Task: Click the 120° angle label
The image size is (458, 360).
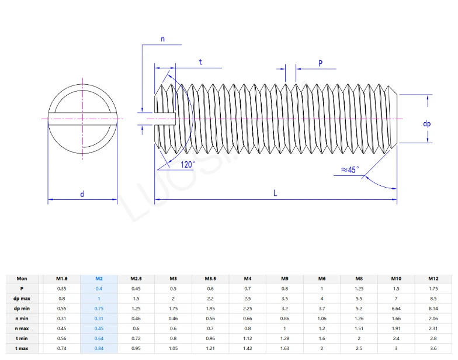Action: pyautogui.click(x=188, y=164)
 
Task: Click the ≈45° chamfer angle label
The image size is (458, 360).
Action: pyautogui.click(x=349, y=169)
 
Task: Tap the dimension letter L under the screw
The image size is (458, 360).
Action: pyautogui.click(x=275, y=193)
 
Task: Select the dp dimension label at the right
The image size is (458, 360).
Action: pyautogui.click(x=427, y=124)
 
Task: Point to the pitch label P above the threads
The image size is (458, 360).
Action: pyautogui.click(x=321, y=63)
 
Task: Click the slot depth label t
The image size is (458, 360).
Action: pyautogui.click(x=200, y=61)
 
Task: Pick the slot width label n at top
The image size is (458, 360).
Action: pyautogui.click(x=162, y=39)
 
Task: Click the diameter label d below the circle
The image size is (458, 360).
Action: pyautogui.click(x=82, y=193)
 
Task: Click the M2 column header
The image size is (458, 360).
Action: pyautogui.click(x=99, y=279)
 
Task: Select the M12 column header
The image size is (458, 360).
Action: pyautogui.click(x=433, y=279)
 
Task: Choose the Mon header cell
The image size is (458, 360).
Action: pyautogui.click(x=22, y=279)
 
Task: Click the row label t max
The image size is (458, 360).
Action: pyautogui.click(x=22, y=349)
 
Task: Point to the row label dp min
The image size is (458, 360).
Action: pyautogui.click(x=22, y=309)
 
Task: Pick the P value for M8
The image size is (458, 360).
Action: pyautogui.click(x=359, y=289)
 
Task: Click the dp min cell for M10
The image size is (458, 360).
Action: pyautogui.click(x=395, y=309)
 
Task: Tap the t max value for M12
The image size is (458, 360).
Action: pyautogui.click(x=433, y=349)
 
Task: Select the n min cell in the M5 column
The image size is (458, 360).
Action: pyautogui.click(x=284, y=319)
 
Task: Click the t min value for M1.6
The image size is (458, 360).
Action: pyautogui.click(x=62, y=339)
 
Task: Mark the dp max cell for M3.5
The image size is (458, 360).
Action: pyautogui.click(x=210, y=299)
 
